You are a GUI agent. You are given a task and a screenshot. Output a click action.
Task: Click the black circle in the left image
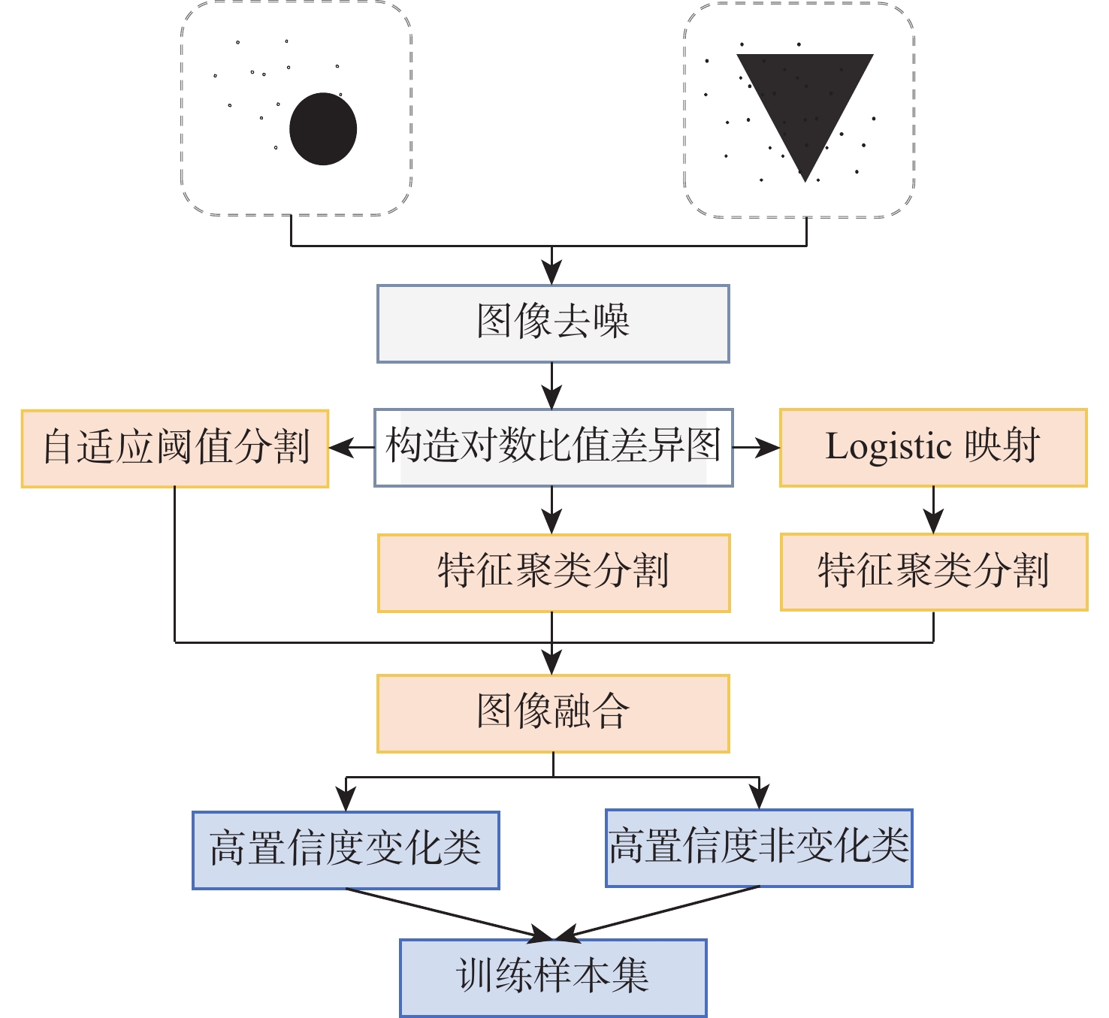(x=323, y=129)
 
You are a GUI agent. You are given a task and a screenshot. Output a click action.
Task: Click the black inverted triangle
(x=805, y=98)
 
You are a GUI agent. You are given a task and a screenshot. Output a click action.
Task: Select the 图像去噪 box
(x=553, y=324)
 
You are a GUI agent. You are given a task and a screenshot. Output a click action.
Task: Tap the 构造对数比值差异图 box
(x=553, y=448)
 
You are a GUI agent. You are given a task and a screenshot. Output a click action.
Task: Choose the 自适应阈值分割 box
(x=175, y=449)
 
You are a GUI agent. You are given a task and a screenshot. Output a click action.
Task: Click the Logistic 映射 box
(x=933, y=448)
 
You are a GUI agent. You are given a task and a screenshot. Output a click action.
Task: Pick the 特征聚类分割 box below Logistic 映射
(x=934, y=572)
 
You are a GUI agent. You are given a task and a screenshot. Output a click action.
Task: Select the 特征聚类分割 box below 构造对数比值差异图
(x=554, y=573)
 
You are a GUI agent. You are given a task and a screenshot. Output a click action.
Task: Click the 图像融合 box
(x=553, y=713)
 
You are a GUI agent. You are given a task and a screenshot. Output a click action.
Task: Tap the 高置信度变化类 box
(x=346, y=850)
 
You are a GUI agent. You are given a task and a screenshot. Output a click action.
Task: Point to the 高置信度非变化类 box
(x=759, y=848)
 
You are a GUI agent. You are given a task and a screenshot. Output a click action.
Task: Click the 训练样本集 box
(x=553, y=977)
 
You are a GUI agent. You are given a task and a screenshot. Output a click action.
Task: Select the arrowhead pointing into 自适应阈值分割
(x=340, y=449)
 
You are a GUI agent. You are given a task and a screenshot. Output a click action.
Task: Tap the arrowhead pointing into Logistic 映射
(x=769, y=449)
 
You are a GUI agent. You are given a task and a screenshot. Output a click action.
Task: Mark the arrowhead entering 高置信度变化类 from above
(x=346, y=800)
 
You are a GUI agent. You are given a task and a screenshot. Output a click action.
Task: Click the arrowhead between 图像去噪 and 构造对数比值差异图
(x=552, y=398)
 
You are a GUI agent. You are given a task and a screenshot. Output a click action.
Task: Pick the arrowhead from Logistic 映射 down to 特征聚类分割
(x=933, y=523)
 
